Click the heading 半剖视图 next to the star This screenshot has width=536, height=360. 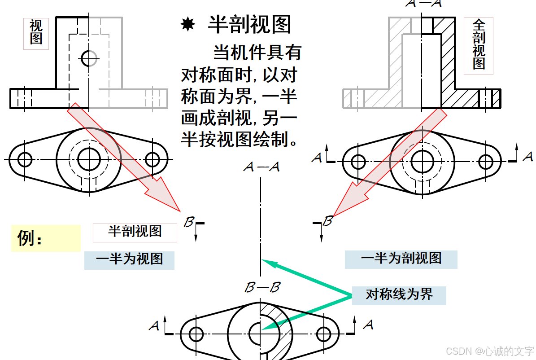coord(249,24)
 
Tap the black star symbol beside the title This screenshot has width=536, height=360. coord(187,25)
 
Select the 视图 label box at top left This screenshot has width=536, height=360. coord(36,32)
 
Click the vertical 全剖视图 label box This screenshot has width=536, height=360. coord(479,45)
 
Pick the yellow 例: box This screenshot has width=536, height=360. coord(45,238)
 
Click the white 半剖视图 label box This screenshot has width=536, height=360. coord(135,232)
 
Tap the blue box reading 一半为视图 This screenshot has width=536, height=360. coord(129,259)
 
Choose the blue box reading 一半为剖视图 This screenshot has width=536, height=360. coord(401,259)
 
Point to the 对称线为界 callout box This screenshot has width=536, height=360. coord(399,295)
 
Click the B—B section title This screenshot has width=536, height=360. coord(262,287)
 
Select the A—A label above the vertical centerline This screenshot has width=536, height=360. coord(261,167)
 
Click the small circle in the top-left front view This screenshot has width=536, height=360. coord(89,57)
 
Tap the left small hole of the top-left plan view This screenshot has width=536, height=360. coord(25,159)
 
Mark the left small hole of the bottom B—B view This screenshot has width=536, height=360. coord(196,334)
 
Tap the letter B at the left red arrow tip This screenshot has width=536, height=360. coord(189,222)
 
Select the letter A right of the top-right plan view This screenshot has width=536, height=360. coord(528,157)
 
